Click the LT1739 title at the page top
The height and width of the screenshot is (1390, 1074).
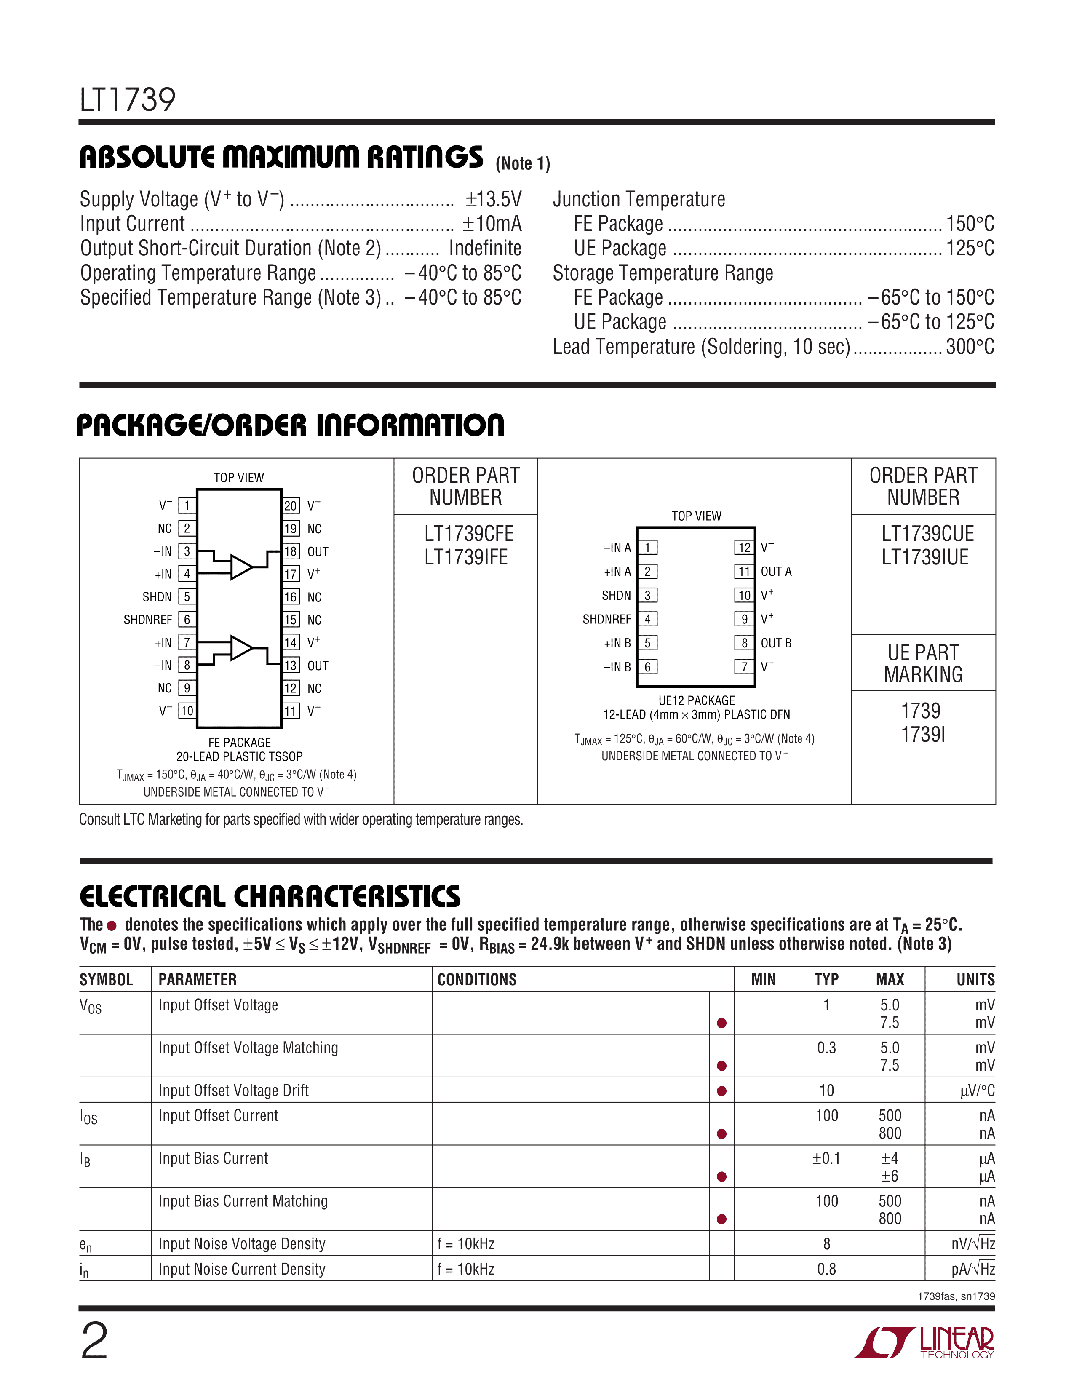coord(127,100)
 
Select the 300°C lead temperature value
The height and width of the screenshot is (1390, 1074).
coord(970,347)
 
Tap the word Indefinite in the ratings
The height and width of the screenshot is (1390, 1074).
coord(485,248)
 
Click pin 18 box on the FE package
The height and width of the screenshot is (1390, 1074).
coord(291,551)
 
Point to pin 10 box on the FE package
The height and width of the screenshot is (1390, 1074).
coord(187,711)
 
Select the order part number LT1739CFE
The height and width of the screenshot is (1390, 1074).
coord(469,533)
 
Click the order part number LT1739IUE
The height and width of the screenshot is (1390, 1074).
coord(925,558)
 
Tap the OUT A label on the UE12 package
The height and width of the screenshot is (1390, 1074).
coord(776,572)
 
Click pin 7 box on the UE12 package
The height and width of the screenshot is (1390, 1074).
coord(744,667)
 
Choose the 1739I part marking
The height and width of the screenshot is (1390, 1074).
coord(923,735)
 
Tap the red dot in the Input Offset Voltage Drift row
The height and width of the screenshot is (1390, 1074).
coord(721,1091)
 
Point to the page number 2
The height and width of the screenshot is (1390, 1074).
coord(95,1341)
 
